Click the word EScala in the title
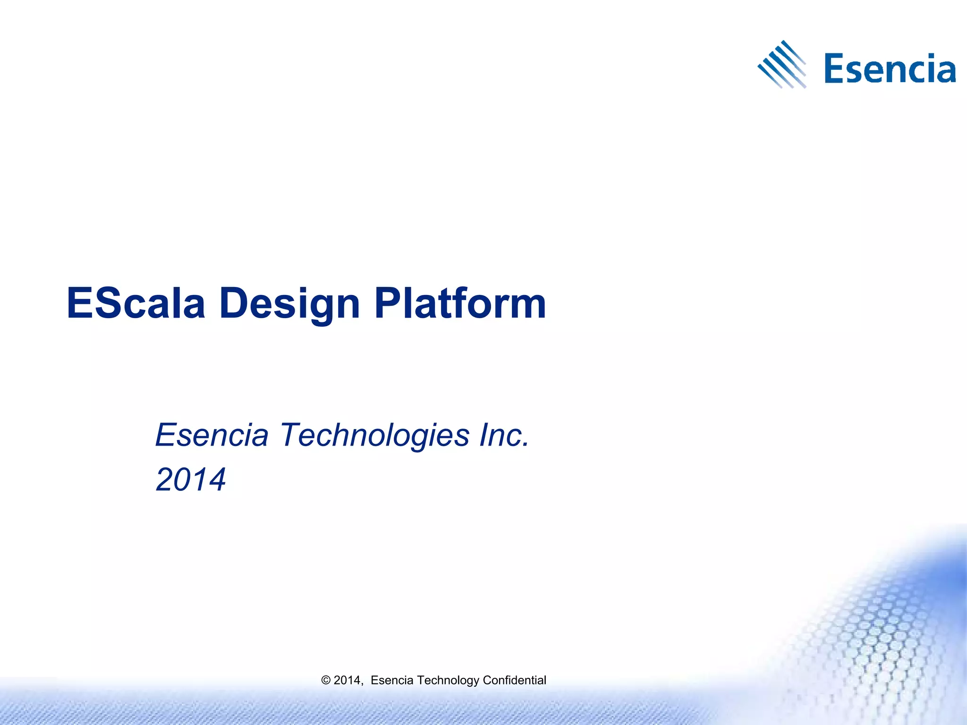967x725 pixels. pos(136,303)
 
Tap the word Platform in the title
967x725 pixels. pos(460,303)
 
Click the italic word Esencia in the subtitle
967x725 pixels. pos(212,435)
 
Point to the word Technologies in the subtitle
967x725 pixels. pos(375,436)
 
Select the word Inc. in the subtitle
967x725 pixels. pos(504,435)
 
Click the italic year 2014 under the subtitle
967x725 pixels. pos(191,480)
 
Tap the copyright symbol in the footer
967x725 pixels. pos(325,680)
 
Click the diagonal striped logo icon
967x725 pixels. pos(782,65)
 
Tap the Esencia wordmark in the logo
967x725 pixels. pos(890,69)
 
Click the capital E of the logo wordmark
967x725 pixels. pos(834,69)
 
